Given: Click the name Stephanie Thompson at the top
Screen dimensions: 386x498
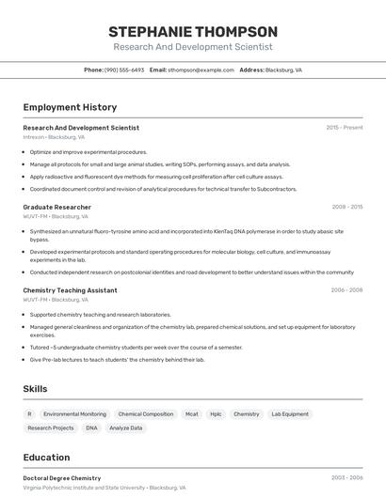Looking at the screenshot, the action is (x=193, y=31).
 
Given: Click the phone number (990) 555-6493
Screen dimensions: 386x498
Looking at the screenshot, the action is (x=124, y=70).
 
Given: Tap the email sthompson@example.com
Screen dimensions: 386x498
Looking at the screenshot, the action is (x=201, y=70).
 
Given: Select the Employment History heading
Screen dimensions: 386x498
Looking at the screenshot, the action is (x=70, y=107).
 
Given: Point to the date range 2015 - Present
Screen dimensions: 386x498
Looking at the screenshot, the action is (x=345, y=128).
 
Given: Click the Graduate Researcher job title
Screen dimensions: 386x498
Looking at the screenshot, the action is (x=56, y=207).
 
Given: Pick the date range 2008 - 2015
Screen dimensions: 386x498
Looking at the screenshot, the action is (x=347, y=207).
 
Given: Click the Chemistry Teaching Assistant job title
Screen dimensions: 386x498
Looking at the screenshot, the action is (x=70, y=290).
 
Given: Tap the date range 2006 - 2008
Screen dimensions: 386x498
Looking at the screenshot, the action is (x=347, y=290).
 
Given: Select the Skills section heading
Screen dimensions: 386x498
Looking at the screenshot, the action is (x=36, y=388).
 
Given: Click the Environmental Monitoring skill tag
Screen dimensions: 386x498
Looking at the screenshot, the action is (x=74, y=413).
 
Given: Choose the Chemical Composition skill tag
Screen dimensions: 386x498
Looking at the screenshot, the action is (x=146, y=413).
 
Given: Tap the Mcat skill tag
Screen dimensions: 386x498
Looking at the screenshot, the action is (x=191, y=413).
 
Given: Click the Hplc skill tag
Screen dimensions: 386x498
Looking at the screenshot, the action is (x=216, y=413).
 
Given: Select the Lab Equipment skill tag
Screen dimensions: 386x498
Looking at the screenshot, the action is (x=289, y=413).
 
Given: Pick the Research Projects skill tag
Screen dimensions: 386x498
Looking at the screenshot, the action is (x=51, y=428).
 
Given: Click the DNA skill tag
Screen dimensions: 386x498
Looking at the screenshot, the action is (x=91, y=428).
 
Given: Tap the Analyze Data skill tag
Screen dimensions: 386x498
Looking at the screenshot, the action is (x=126, y=428).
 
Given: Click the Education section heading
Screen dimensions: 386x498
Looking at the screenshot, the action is (x=46, y=458).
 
